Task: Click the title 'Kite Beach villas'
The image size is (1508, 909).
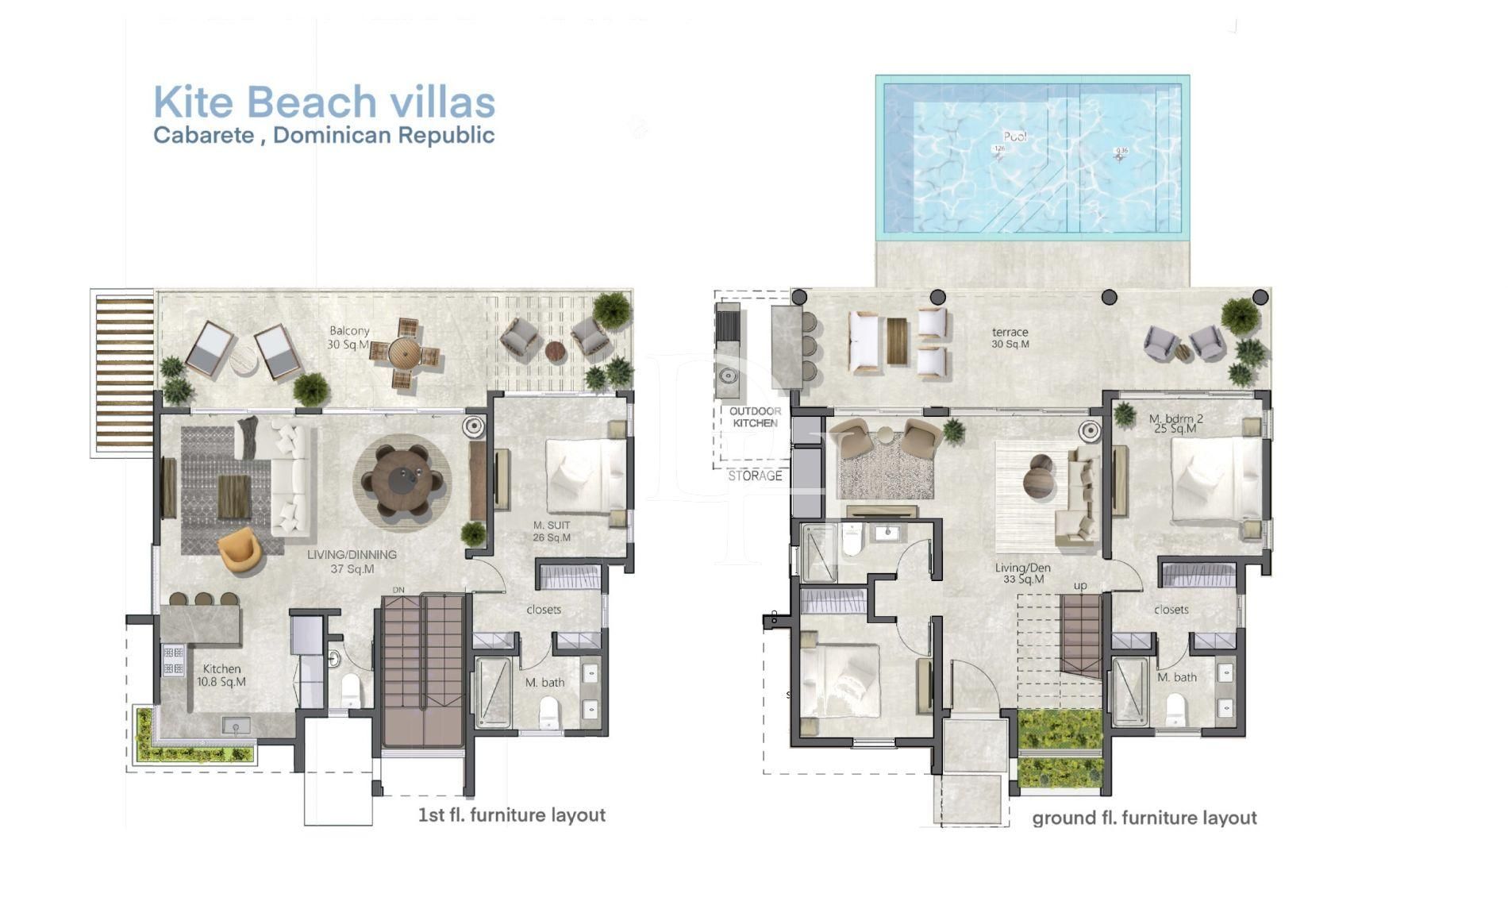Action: coord(324,102)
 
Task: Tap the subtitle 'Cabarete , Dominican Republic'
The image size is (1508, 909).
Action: coord(324,136)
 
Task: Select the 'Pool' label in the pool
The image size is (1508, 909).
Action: coord(1014,137)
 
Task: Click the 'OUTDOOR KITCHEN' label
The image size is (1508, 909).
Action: coord(755,417)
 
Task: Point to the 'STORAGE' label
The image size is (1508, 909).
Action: coord(755,476)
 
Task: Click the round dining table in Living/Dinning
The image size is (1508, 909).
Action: coord(402,481)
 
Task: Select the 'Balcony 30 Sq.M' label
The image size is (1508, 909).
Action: coord(349,337)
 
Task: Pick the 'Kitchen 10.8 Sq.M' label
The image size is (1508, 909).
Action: coord(221,675)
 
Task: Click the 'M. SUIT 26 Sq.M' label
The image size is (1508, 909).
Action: coord(552,531)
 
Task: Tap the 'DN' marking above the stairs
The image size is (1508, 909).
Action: coord(399,590)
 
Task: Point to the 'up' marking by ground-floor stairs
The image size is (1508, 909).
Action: coord(1080,586)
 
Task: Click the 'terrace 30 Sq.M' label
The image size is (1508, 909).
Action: coord(1010,338)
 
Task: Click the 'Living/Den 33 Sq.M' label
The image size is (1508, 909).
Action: coord(1023,573)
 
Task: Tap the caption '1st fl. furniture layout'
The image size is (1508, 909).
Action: coord(511,815)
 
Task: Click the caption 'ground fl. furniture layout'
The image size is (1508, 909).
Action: coord(1144,818)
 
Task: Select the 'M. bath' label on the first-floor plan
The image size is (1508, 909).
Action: coord(544,683)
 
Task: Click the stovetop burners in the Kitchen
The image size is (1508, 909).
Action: coord(173,661)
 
